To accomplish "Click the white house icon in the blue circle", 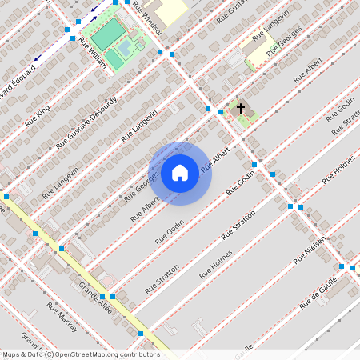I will [180, 172].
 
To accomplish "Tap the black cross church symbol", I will [240, 107].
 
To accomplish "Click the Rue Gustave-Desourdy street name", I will [87, 122].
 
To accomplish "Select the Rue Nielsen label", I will [309, 250].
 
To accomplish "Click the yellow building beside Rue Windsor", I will [170, 11].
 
